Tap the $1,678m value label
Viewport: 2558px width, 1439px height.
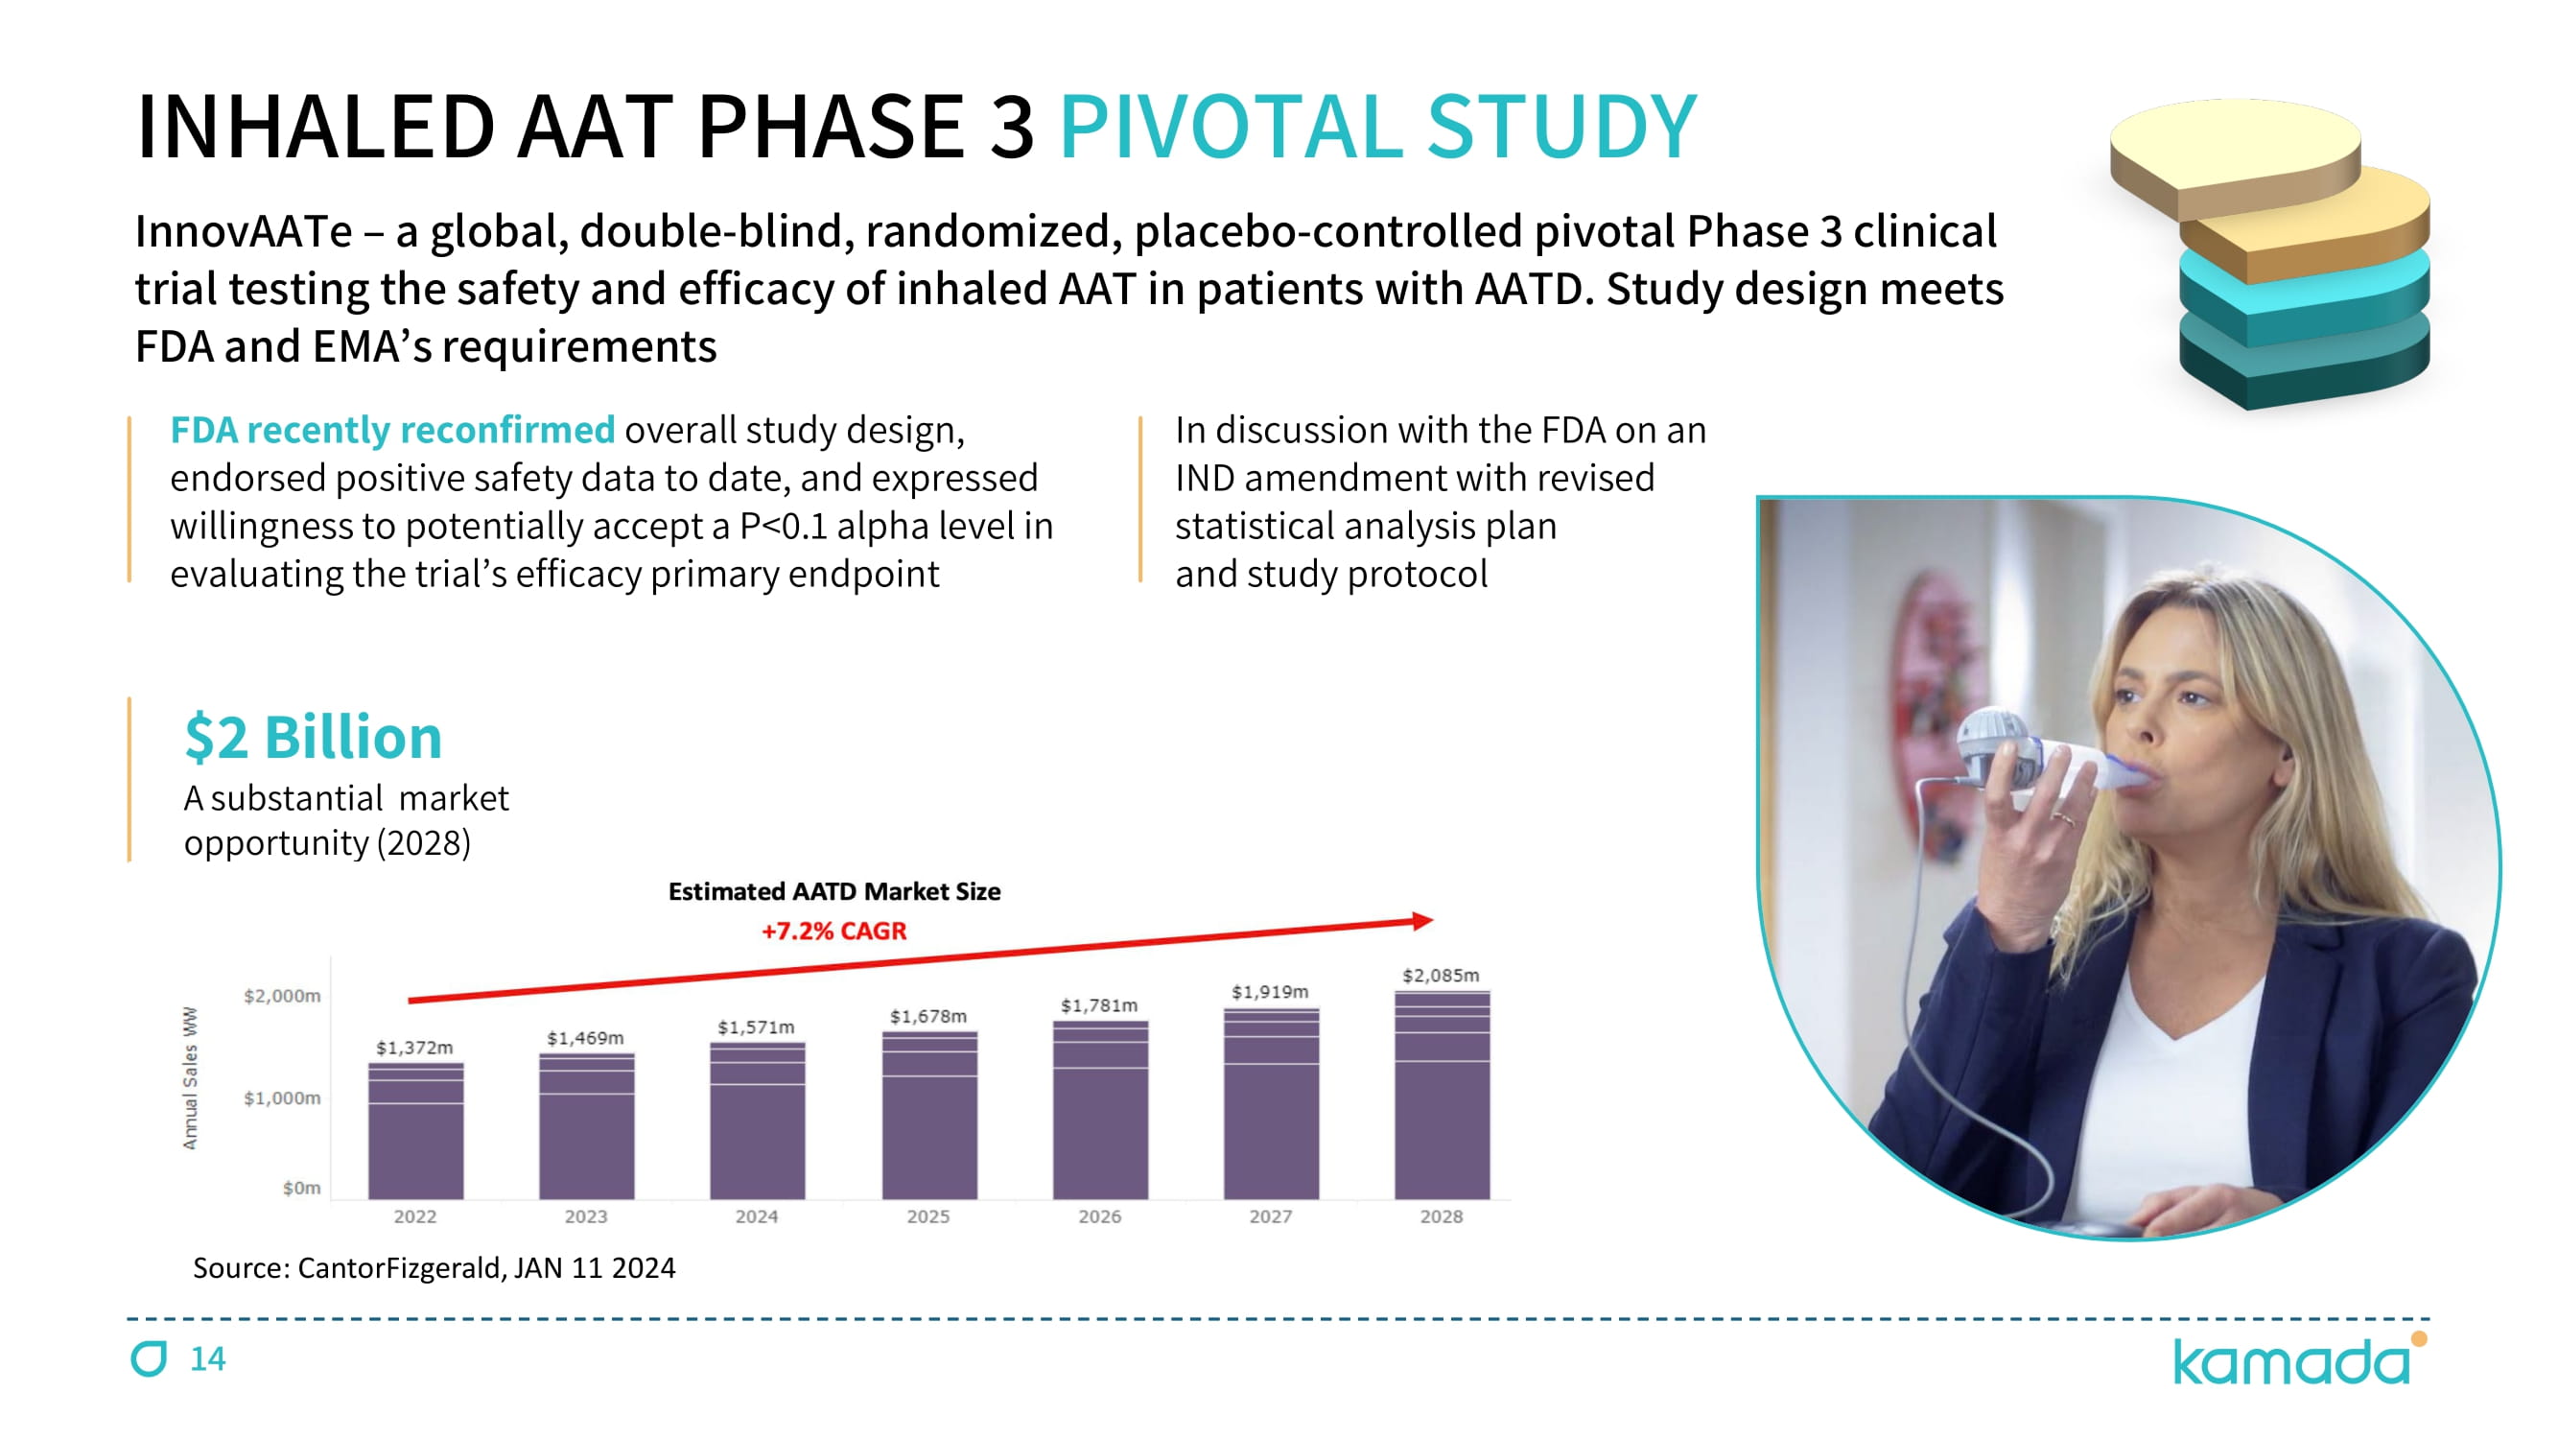pos(927,1016)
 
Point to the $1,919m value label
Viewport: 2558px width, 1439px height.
pos(1269,991)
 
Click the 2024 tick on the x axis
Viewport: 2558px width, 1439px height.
pos(756,1216)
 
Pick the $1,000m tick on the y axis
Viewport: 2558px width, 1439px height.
pos(282,1097)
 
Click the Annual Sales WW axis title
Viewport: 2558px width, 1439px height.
pos(190,1077)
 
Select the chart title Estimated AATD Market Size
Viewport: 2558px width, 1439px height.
pos(834,891)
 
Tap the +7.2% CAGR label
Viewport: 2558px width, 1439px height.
pos(833,931)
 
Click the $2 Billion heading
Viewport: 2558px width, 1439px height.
pos(313,737)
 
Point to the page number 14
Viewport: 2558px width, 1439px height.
pos(207,1357)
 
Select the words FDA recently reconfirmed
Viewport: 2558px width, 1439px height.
pos(392,430)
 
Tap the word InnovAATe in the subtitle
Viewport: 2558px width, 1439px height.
pos(244,231)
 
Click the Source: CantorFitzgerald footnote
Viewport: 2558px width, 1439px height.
pos(433,1267)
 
